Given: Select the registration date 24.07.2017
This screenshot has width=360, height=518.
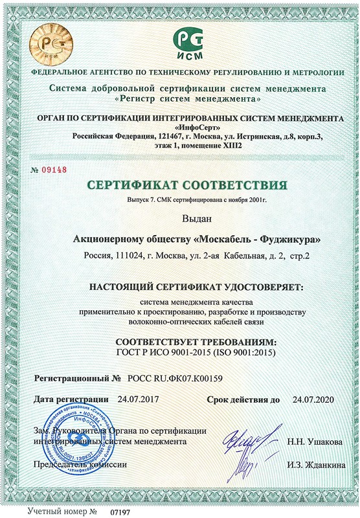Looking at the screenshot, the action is (139, 399).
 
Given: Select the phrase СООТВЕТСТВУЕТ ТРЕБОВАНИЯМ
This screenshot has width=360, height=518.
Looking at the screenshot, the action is (195, 341).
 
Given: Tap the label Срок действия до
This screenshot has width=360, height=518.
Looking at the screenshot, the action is (243, 399).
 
